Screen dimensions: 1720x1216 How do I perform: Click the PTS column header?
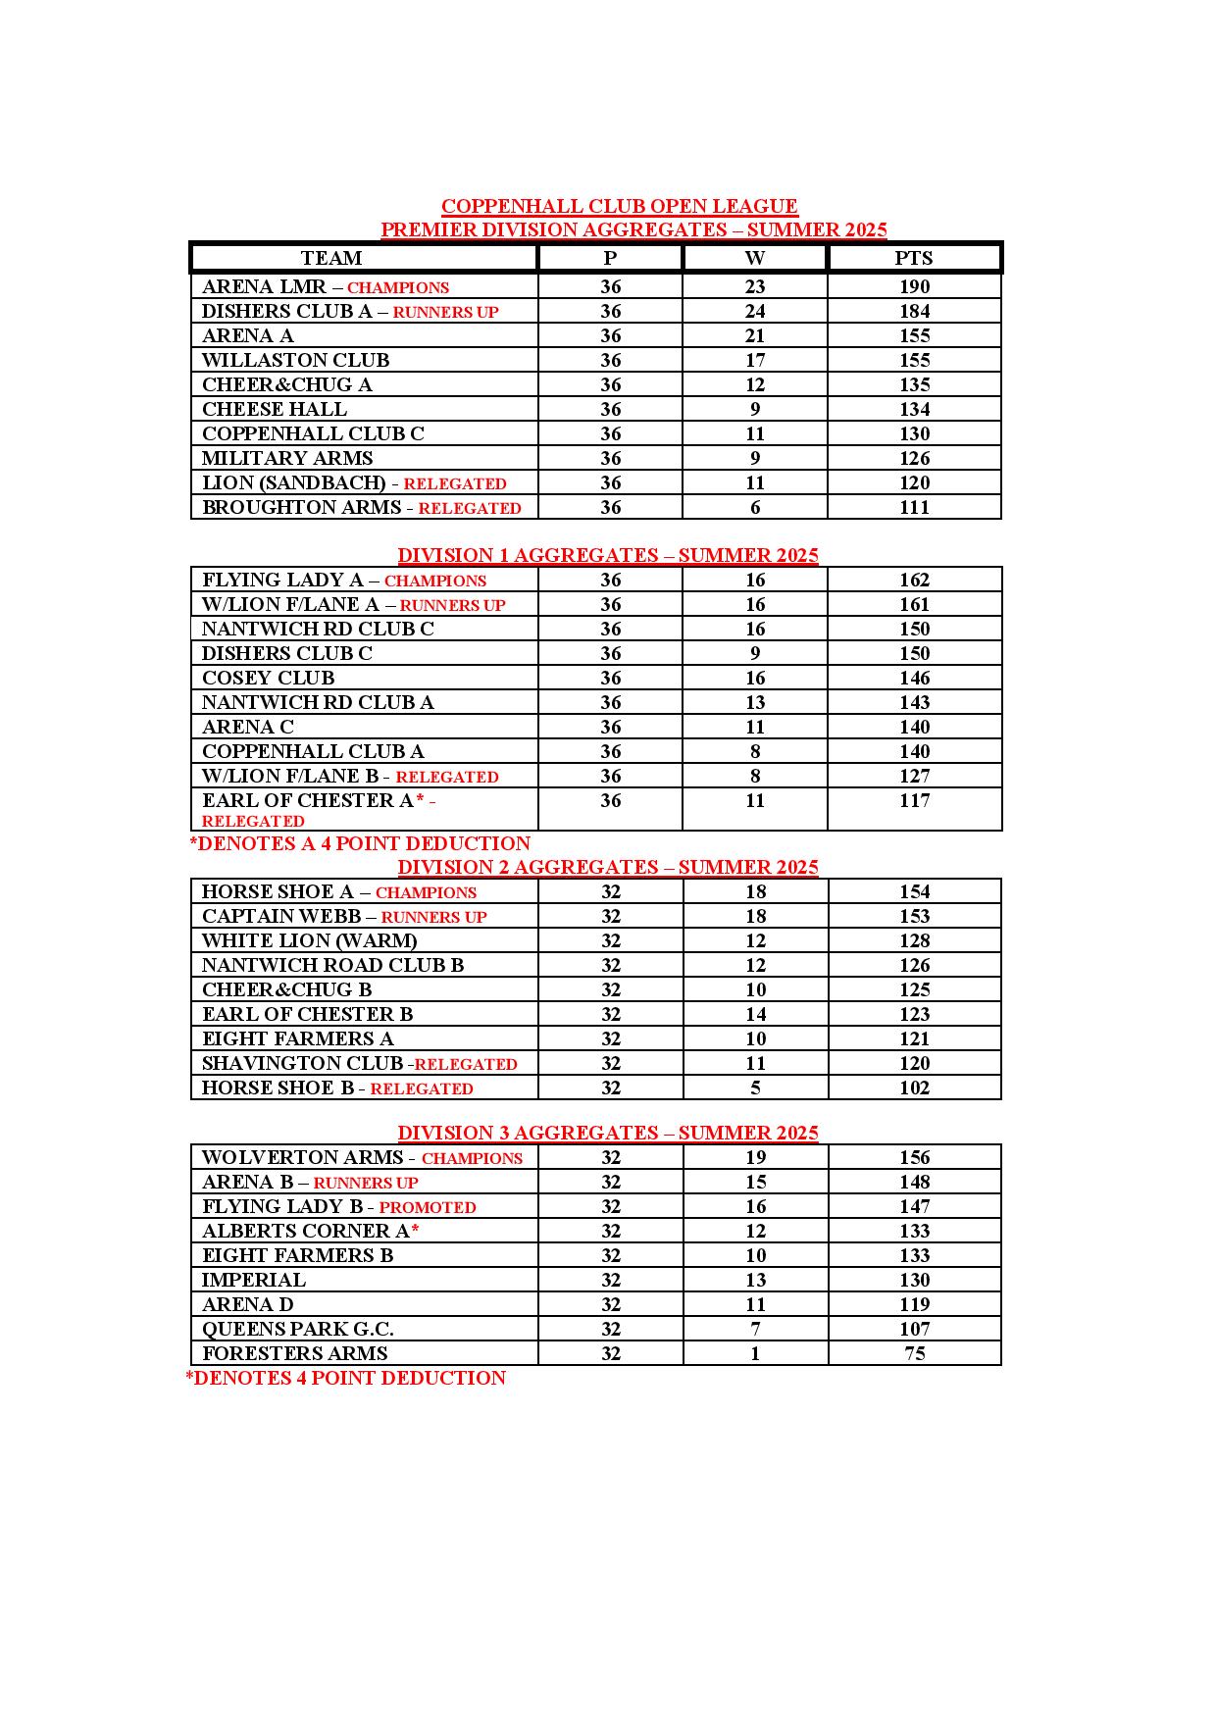tap(913, 258)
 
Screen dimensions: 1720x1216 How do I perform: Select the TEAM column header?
tap(331, 258)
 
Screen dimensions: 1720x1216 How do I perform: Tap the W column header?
tap(754, 258)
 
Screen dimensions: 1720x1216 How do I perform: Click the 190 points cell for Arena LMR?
tap(914, 286)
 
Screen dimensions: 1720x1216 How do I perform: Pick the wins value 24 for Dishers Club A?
tap(754, 311)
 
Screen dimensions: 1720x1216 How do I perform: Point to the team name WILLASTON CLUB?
tap(295, 360)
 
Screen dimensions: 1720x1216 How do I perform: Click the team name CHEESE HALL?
tap(275, 409)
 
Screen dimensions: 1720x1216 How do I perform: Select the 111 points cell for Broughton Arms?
tap(914, 507)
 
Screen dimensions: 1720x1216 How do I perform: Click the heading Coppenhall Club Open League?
tap(619, 206)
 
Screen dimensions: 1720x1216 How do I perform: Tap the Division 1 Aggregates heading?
tap(607, 555)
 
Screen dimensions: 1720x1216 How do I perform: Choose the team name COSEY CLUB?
tap(268, 678)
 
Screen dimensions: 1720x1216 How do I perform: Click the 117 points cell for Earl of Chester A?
tap(914, 800)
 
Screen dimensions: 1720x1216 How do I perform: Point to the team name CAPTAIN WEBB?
tap(281, 916)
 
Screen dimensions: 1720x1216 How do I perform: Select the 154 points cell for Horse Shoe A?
tap(914, 891)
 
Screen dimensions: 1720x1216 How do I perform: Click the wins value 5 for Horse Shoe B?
tap(754, 1088)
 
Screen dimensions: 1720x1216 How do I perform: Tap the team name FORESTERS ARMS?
tap(294, 1353)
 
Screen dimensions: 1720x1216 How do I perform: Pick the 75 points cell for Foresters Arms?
tap(914, 1353)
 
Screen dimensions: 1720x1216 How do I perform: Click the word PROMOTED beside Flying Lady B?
tap(428, 1207)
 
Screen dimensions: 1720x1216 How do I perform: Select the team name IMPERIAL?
tap(254, 1280)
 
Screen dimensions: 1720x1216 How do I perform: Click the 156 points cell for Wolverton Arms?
tap(914, 1157)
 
